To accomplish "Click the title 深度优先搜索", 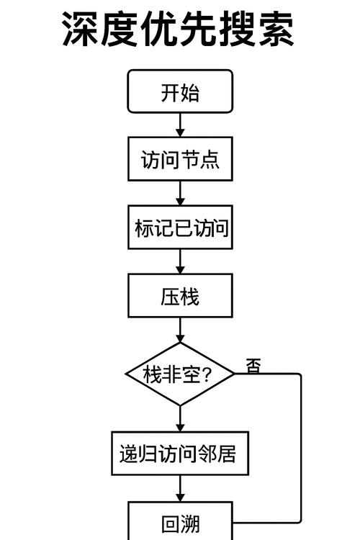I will [x=178, y=29].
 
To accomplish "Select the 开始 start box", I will [x=180, y=93].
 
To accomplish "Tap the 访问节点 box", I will [x=180, y=159].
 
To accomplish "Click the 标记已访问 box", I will [x=180, y=228].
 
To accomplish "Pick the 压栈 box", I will [x=180, y=295].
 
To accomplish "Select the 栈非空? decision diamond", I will [x=180, y=374].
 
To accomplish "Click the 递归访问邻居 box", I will [x=180, y=454].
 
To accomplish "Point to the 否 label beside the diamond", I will [x=253, y=366].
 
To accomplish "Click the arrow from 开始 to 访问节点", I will [x=180, y=126].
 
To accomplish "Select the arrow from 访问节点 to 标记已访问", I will [x=180, y=193].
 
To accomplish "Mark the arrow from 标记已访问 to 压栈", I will [x=180, y=261].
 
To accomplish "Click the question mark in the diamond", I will [x=207, y=374].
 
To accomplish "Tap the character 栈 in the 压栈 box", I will [x=190, y=295].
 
